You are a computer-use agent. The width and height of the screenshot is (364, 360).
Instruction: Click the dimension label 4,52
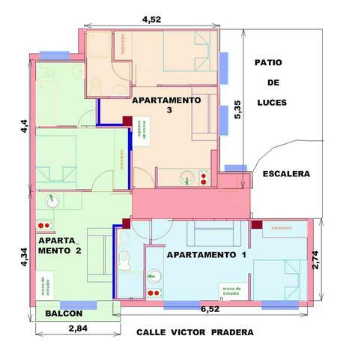(153, 19)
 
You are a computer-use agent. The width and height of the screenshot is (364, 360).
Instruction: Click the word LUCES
(267, 101)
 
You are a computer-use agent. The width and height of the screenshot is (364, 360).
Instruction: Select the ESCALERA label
(286, 174)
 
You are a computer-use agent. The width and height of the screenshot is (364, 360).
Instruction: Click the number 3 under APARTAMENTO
(170, 110)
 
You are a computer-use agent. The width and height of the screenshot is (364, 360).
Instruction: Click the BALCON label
(63, 313)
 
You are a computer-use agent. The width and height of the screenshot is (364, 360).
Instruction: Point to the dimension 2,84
(79, 328)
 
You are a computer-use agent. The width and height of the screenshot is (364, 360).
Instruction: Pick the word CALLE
(151, 332)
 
